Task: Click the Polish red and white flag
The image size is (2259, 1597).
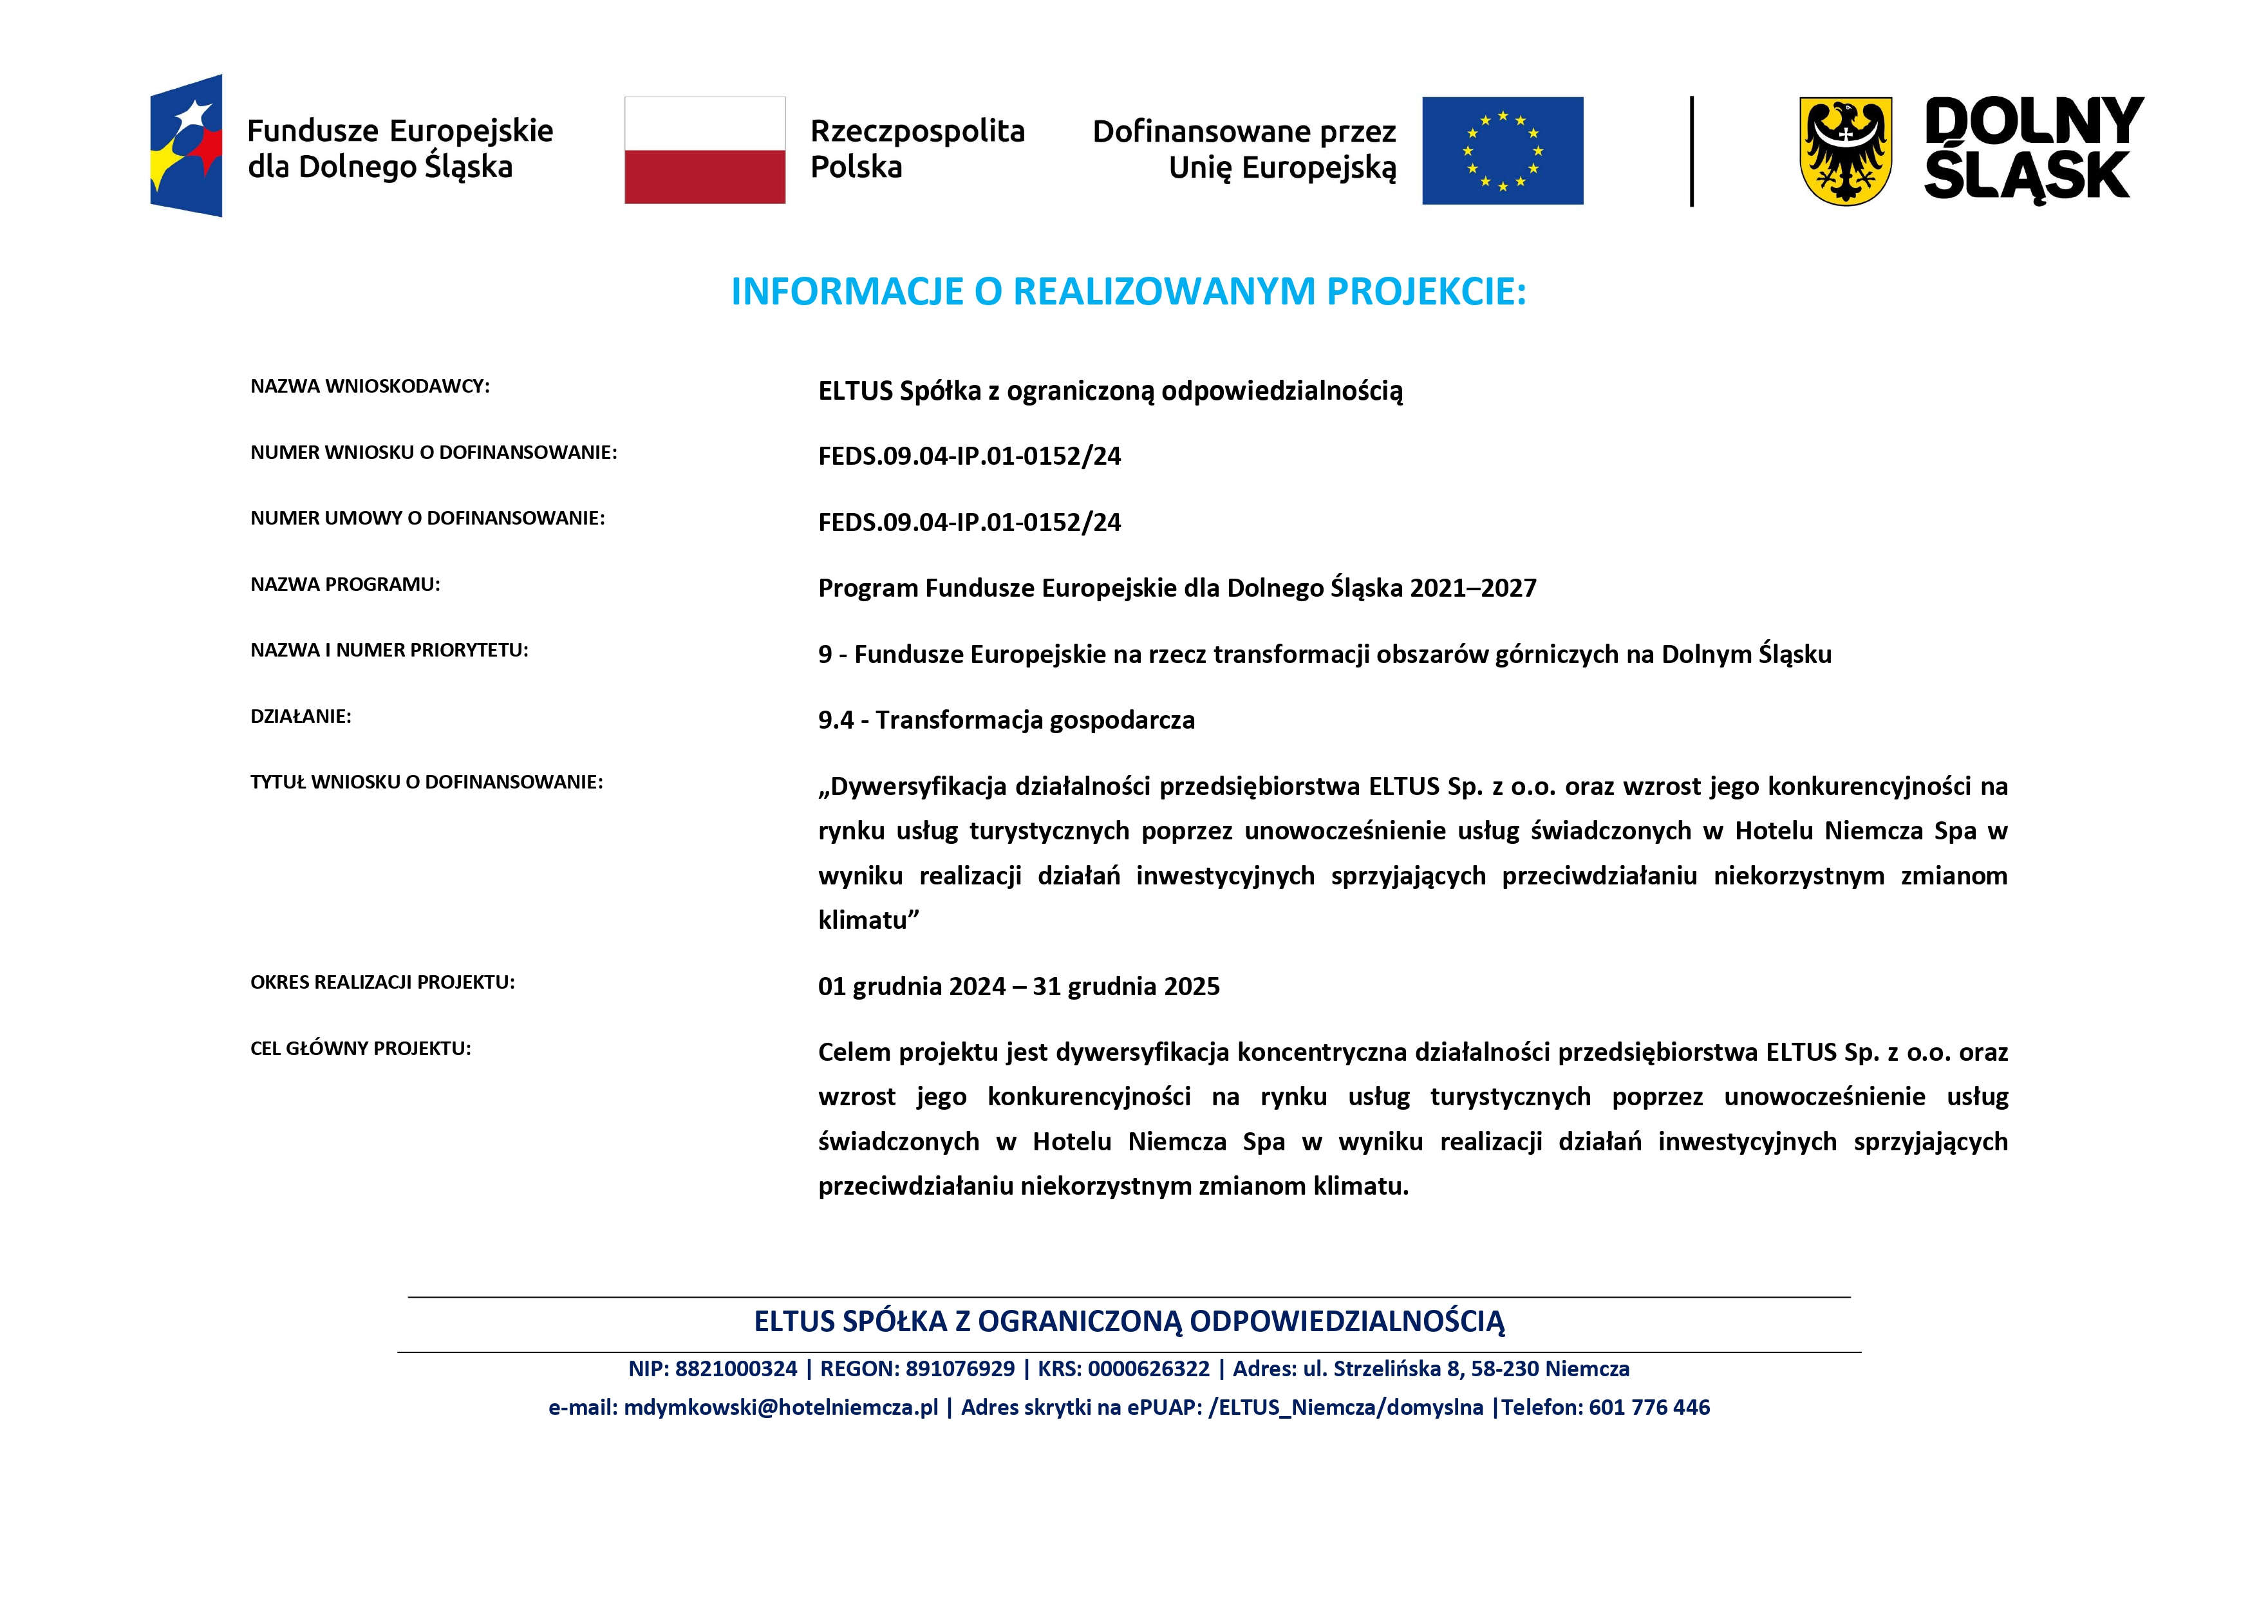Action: (704, 151)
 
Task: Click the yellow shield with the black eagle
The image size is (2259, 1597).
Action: (1845, 151)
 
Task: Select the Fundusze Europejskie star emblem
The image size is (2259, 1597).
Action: (186, 145)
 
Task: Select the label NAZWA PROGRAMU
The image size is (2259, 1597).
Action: (345, 584)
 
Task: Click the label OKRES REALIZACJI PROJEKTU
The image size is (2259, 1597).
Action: (383, 982)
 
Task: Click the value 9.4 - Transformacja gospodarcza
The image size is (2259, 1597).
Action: (1006, 720)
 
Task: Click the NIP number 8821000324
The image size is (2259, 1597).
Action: (736, 1368)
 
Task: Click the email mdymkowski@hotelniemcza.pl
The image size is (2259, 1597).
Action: (781, 1408)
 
